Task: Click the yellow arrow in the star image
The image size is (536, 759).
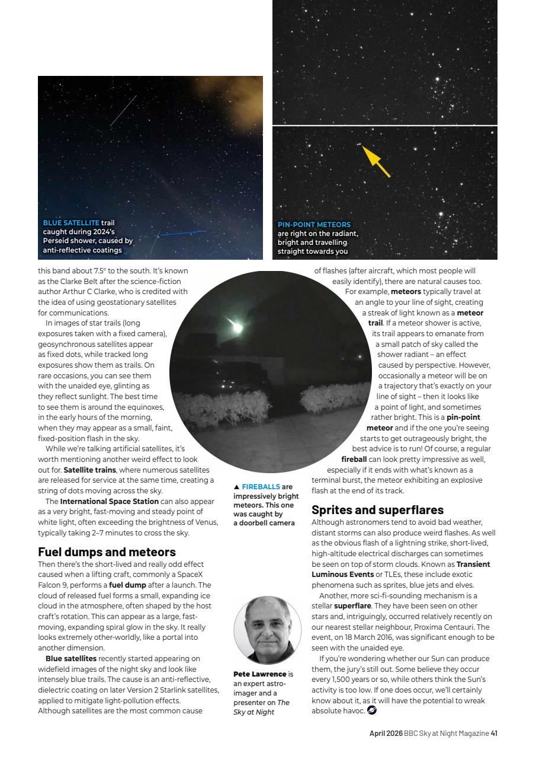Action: click(377, 161)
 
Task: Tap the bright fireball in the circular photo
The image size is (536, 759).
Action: click(236, 326)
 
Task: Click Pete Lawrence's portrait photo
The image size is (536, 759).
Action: click(267, 630)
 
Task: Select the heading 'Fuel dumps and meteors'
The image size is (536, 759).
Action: click(107, 552)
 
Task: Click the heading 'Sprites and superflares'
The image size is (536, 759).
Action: click(377, 510)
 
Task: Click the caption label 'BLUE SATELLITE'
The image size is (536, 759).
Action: click(71, 223)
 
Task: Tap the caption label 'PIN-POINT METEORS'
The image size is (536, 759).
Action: click(314, 225)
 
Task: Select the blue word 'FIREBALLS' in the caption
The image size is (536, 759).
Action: click(261, 487)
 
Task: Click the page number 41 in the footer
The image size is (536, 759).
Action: click(493, 734)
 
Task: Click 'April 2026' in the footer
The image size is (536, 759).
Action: click(386, 734)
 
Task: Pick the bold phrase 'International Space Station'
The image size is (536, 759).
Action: click(109, 502)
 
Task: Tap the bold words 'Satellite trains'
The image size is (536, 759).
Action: click(89, 470)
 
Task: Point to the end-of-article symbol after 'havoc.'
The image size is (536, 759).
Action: click(372, 710)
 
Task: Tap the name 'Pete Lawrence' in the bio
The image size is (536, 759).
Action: click(259, 674)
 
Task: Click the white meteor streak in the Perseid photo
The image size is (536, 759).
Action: click(123, 111)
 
